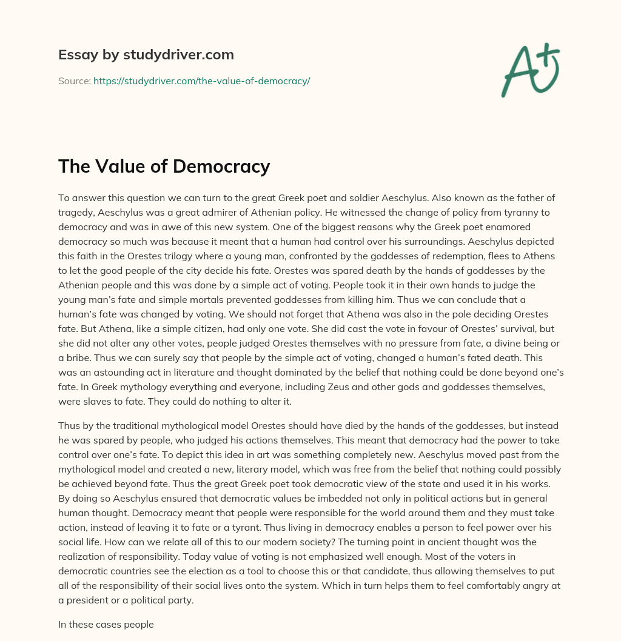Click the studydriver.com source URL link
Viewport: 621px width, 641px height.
pyautogui.click(x=201, y=81)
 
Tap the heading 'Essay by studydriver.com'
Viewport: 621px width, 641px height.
pyautogui.click(x=146, y=55)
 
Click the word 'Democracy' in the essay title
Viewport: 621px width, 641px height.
pyautogui.click(x=225, y=166)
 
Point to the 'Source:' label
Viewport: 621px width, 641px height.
pyautogui.click(x=74, y=81)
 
